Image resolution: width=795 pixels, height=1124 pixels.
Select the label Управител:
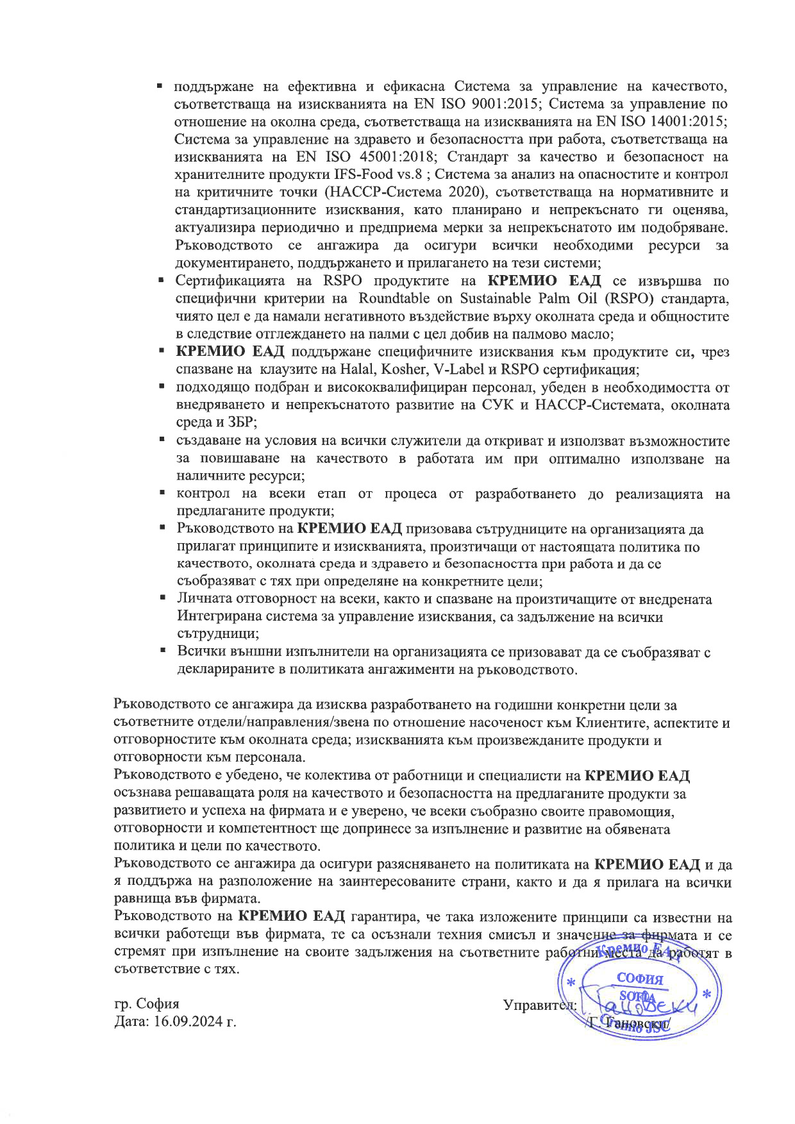coord(540,1005)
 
